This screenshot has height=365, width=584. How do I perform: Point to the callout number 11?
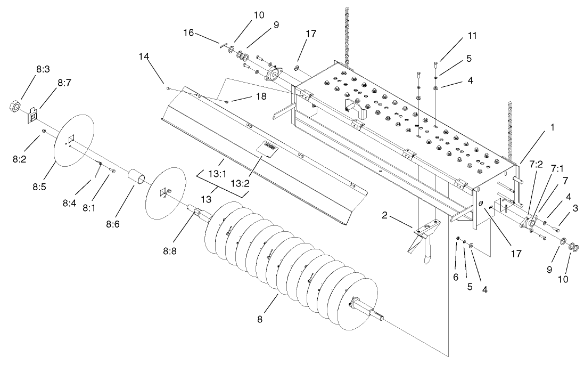pos(471,36)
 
